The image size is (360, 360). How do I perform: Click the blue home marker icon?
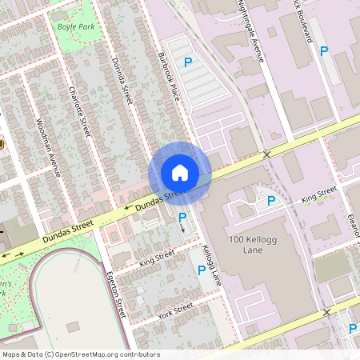tap(180, 173)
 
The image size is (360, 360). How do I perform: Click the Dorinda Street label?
tap(122, 80)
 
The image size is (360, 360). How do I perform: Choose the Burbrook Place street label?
tap(166, 71)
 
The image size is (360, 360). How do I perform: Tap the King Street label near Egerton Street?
tap(157, 258)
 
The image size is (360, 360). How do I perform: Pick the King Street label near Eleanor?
tap(318, 194)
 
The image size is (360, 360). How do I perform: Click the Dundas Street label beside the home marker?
tap(152, 198)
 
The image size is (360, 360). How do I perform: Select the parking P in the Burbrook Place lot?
tap(189, 62)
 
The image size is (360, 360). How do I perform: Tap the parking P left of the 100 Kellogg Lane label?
tap(271, 200)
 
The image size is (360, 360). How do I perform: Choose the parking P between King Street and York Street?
tap(202, 270)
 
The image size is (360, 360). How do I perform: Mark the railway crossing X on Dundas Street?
tap(267, 153)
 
